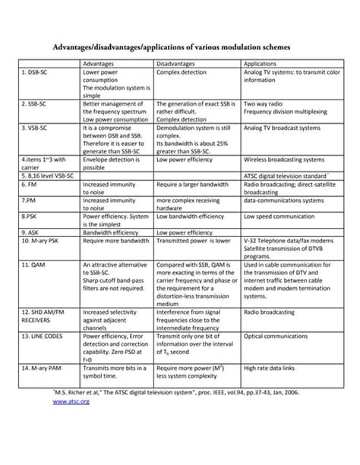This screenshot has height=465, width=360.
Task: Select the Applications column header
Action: [260, 64]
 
